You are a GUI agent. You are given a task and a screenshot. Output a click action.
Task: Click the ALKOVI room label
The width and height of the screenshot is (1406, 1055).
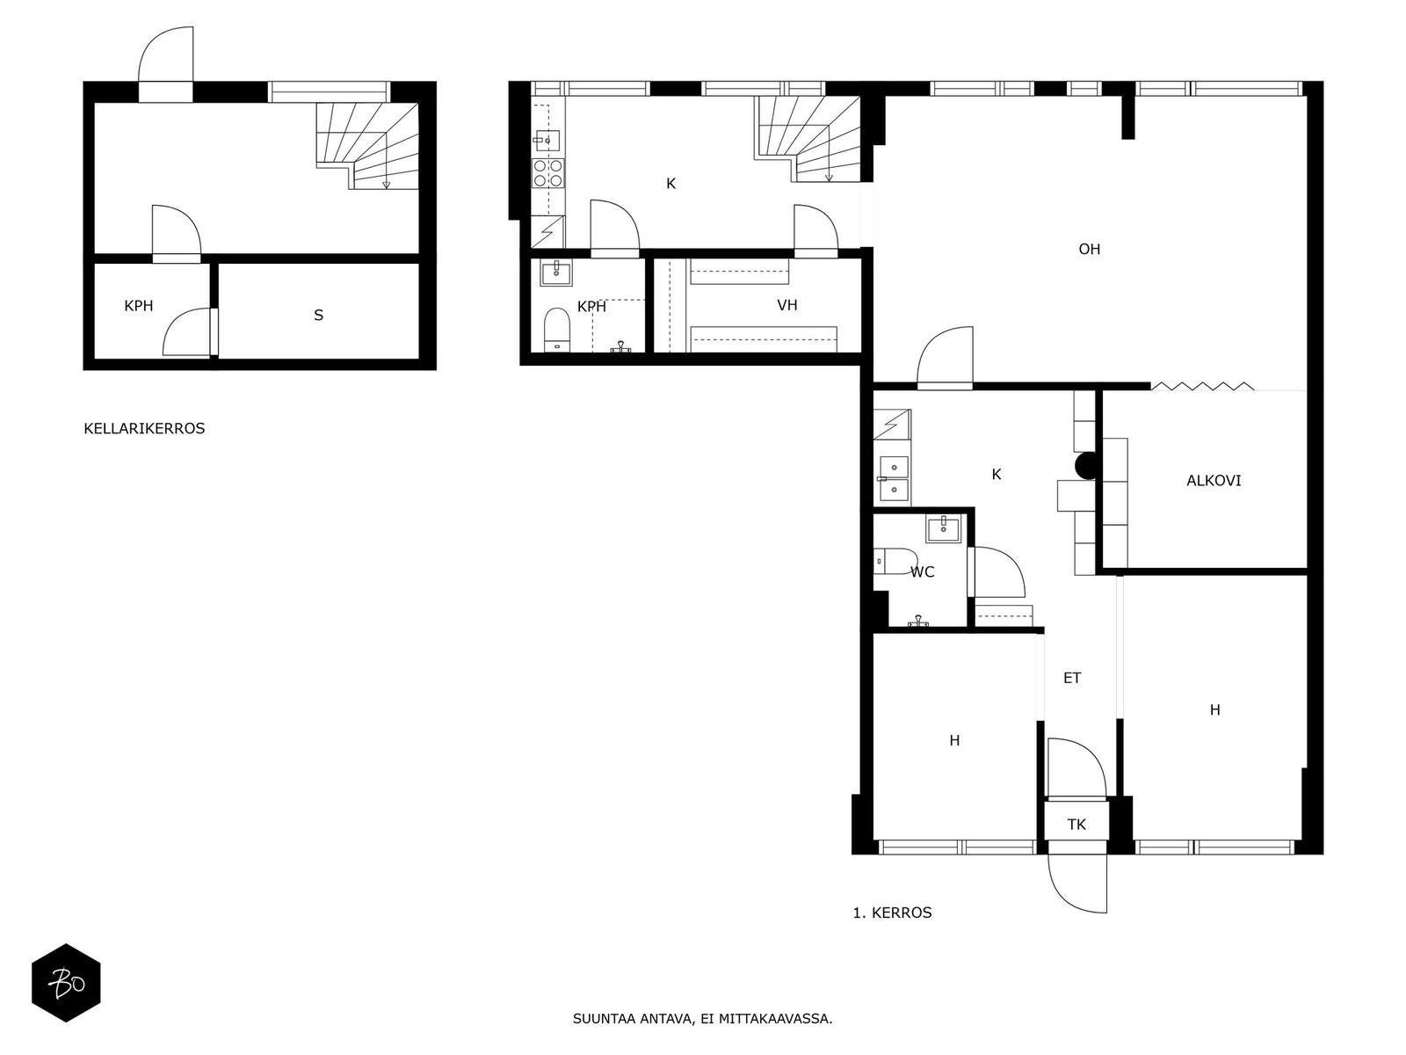(x=1214, y=480)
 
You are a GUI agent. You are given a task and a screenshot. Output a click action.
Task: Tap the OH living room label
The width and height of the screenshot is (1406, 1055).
(x=1089, y=249)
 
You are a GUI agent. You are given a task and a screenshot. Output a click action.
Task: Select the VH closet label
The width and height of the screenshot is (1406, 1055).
(x=787, y=305)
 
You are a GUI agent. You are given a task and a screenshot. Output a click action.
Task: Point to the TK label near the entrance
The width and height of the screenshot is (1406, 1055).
(x=1076, y=825)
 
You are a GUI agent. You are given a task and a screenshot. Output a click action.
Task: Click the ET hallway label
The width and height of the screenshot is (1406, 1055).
(x=1072, y=678)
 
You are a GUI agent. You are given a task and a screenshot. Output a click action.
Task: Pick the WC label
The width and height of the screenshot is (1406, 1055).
(x=923, y=572)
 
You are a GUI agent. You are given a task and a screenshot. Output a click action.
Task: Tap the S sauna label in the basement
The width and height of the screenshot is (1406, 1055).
(x=318, y=315)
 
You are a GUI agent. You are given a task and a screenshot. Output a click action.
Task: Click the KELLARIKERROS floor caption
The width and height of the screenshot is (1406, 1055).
(x=144, y=428)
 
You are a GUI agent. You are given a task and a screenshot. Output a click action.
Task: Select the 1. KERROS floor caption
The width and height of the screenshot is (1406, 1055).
(x=892, y=913)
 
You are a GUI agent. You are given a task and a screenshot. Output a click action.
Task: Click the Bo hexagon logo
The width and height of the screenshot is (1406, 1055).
(x=66, y=983)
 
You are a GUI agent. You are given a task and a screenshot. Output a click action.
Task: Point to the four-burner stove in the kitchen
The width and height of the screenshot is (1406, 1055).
(x=549, y=173)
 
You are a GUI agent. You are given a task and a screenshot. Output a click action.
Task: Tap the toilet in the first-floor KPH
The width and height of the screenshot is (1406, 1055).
(x=556, y=331)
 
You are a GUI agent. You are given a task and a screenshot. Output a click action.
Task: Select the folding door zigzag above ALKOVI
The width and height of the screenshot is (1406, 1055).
(x=1202, y=386)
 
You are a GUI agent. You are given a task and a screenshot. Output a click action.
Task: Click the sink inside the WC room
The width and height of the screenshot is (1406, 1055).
(x=943, y=530)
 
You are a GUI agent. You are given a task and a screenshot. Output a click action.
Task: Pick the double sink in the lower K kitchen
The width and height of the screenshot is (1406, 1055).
(x=894, y=478)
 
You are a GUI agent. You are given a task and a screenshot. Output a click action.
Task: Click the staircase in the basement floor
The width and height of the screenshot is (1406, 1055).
(x=367, y=146)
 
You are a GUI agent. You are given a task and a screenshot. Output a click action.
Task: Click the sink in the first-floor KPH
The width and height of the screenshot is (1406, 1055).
(x=556, y=273)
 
